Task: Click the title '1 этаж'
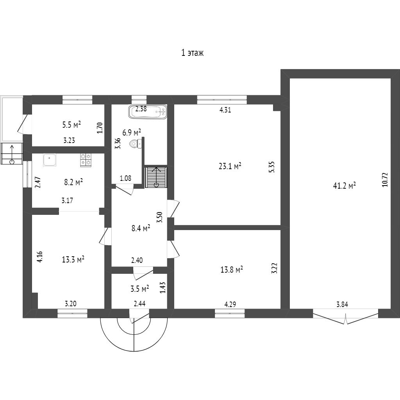[192, 53]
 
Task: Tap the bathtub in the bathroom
[148, 112]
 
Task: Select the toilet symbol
[135, 144]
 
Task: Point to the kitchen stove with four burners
[86, 160]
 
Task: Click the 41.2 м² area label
[344, 186]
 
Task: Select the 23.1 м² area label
[230, 166]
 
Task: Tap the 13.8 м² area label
[232, 270]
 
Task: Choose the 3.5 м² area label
[139, 289]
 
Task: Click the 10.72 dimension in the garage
[385, 180]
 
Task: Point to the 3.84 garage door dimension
[342, 305]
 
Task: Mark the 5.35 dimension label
[272, 167]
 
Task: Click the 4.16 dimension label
[39, 256]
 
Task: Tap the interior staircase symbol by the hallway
[157, 177]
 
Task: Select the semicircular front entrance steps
[134, 332]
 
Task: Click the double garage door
[346, 316]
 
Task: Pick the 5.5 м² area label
[71, 125]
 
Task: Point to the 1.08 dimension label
[125, 179]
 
